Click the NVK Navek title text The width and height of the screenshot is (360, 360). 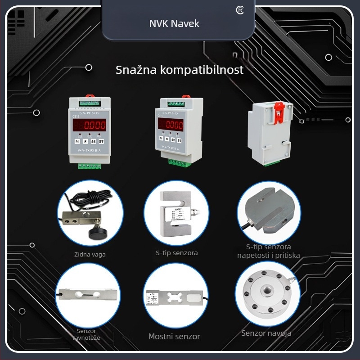pos(174,23)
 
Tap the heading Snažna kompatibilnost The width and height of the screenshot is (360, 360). pos(180,70)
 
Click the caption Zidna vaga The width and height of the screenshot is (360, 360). pos(90,254)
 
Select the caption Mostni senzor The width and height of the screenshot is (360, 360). pos(174,337)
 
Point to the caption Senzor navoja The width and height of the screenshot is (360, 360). pos(266,333)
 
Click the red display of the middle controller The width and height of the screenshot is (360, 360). pos(170,125)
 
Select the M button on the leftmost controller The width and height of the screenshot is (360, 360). pos(76,141)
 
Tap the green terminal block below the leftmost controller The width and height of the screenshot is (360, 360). pos(89,166)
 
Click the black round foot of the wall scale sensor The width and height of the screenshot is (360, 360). pos(95,233)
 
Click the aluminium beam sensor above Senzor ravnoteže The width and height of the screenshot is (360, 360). pos(88,295)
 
